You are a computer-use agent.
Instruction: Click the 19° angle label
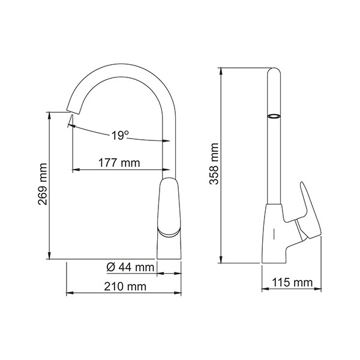tap(120, 135)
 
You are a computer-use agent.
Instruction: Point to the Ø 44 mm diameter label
tap(130, 266)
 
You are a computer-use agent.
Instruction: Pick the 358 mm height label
tap(215, 165)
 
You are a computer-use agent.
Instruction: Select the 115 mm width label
tap(292, 283)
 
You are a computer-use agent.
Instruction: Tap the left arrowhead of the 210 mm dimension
tap(67, 293)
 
